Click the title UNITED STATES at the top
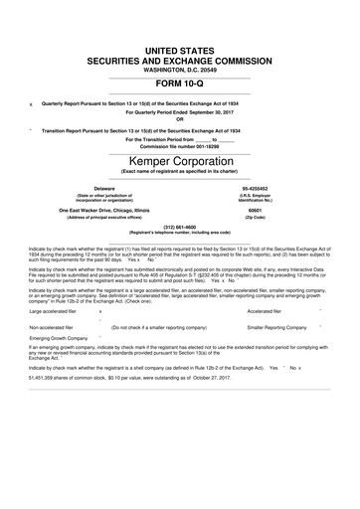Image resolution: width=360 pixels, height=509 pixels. tap(180, 49)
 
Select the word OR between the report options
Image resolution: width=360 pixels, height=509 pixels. tap(179, 121)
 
